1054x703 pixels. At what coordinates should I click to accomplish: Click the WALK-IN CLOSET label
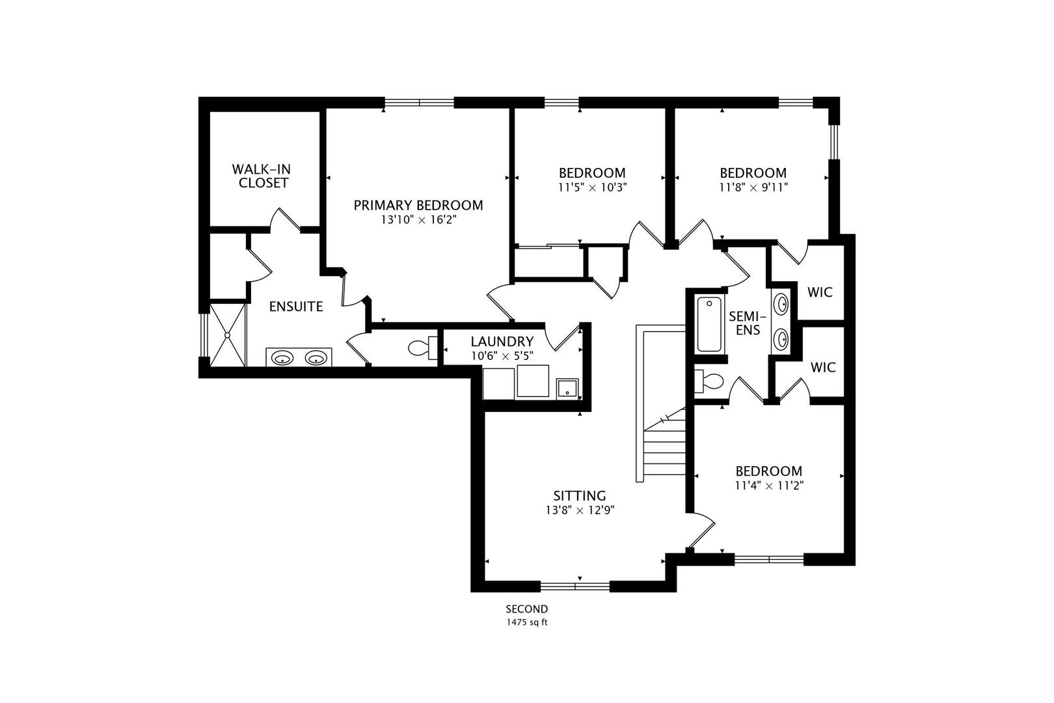(262, 176)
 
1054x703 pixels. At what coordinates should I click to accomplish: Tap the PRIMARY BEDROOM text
(418, 205)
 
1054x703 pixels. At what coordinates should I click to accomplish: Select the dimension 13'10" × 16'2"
(419, 220)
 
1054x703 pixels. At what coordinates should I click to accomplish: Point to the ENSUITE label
(296, 307)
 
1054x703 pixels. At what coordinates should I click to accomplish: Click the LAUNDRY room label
(502, 341)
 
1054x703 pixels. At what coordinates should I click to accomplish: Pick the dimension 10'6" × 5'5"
(502, 356)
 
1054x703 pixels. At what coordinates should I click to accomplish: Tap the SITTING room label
(580, 496)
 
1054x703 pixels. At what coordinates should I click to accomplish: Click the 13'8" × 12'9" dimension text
(580, 510)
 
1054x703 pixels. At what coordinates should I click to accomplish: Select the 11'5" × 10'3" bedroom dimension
(593, 187)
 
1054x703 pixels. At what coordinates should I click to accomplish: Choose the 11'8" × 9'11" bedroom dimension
(753, 187)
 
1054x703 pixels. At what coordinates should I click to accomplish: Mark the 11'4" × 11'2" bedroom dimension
(769, 486)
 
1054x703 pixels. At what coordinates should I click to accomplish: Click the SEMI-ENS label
(748, 323)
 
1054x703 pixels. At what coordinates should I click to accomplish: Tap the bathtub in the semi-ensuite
(710, 324)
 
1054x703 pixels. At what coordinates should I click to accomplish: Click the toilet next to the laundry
(422, 348)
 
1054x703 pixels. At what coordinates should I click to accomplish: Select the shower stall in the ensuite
(228, 335)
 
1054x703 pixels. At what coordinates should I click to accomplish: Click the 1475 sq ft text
(527, 622)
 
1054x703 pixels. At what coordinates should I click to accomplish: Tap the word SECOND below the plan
(527, 609)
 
